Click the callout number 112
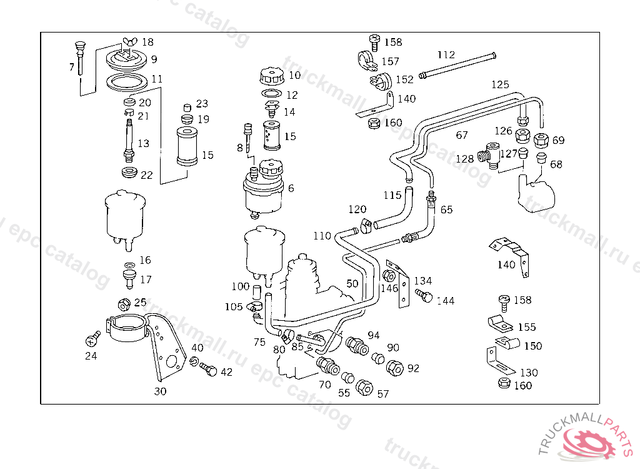pos(446,55)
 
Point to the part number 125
pos(500,84)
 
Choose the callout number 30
pos(161,392)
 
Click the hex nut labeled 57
pos(364,388)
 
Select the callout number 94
pos(374,335)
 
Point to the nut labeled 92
pos(395,368)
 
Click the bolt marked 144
pos(424,295)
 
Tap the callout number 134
pos(423,281)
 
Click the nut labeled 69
pos(541,139)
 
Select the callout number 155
pos(527,327)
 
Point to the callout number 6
pos(291,188)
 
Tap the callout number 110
pos(322,236)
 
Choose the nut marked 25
pos(124,305)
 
